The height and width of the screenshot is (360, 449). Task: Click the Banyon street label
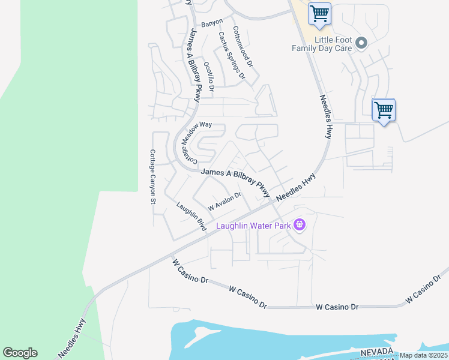(x=212, y=23)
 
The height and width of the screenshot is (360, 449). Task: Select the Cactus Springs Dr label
(x=232, y=55)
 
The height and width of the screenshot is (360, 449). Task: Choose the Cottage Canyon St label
(x=152, y=176)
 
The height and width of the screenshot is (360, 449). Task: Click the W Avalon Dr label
(x=224, y=200)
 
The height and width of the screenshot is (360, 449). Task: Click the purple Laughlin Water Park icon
(x=300, y=226)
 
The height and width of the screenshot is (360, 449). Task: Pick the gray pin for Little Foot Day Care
(x=361, y=43)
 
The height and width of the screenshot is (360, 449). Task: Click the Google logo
(x=20, y=353)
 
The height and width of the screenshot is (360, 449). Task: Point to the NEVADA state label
(x=377, y=352)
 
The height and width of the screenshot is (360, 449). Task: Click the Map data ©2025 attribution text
(x=424, y=355)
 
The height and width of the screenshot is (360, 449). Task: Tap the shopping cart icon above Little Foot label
(x=319, y=14)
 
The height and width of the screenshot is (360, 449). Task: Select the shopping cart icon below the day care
(x=384, y=110)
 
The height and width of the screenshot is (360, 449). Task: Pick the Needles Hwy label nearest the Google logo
(x=72, y=338)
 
